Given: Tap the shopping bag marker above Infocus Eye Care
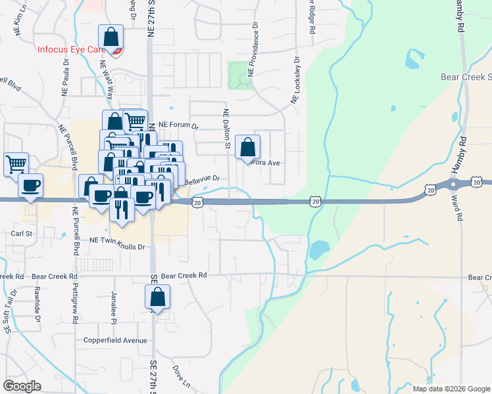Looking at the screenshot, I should coord(111,37).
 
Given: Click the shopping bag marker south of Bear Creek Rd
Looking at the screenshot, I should coord(158,297).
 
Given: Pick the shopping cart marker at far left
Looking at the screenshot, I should coord(16,164).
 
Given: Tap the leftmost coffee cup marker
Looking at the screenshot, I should coord(30,186).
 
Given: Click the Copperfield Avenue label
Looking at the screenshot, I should coord(115,340).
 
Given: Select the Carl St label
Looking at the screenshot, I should coord(22,232).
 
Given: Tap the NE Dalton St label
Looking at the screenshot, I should coord(226,131).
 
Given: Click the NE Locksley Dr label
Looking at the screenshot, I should coord(295,80).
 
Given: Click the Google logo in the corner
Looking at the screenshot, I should coord(22,386).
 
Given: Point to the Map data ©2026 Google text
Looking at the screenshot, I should coord(451,389).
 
